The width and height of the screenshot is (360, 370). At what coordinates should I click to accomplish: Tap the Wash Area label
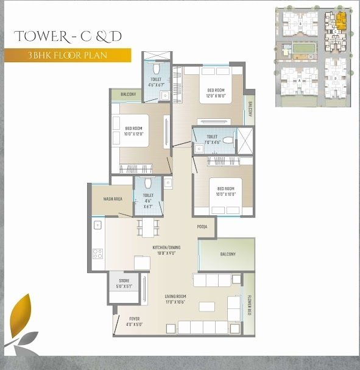tap(114, 199)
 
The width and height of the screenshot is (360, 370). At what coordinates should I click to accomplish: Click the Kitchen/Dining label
tap(165, 247)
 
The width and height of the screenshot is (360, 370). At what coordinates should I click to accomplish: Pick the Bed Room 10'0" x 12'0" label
tap(133, 130)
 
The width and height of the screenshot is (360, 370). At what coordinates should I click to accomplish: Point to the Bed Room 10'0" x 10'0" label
tap(225, 192)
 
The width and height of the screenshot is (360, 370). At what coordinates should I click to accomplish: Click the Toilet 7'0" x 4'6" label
tap(211, 140)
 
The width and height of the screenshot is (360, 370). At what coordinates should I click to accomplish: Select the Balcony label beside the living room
tap(228, 254)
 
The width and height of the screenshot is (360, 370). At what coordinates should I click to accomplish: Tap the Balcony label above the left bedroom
tap(128, 94)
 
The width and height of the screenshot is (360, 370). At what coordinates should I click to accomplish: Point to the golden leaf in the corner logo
tap(24, 311)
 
